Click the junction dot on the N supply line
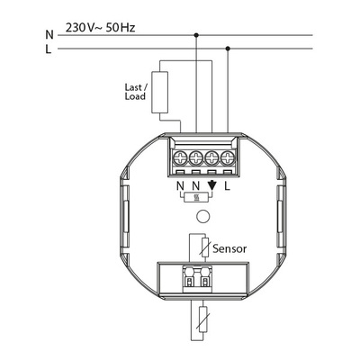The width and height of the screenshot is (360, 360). pos(196,36)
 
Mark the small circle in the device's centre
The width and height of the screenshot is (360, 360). pos(203,217)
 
